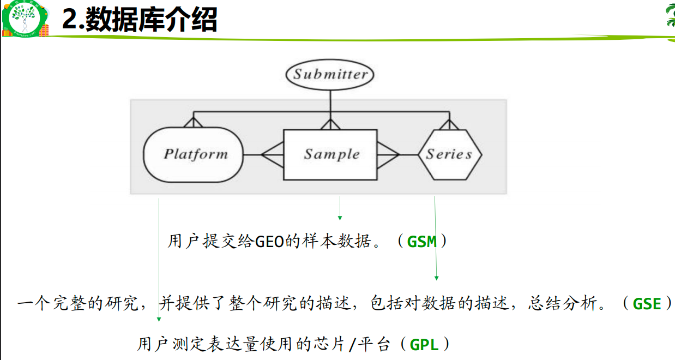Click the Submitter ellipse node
click(330, 75)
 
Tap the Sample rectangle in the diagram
click(330, 154)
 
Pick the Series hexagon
click(449, 154)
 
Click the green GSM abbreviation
click(422, 242)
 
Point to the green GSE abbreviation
click(647, 304)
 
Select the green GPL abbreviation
click(424, 345)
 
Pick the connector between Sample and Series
click(397, 154)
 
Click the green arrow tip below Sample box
click(340, 218)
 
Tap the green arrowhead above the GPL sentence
click(159, 319)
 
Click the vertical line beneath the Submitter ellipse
click(330, 101)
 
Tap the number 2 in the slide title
click(69, 21)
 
